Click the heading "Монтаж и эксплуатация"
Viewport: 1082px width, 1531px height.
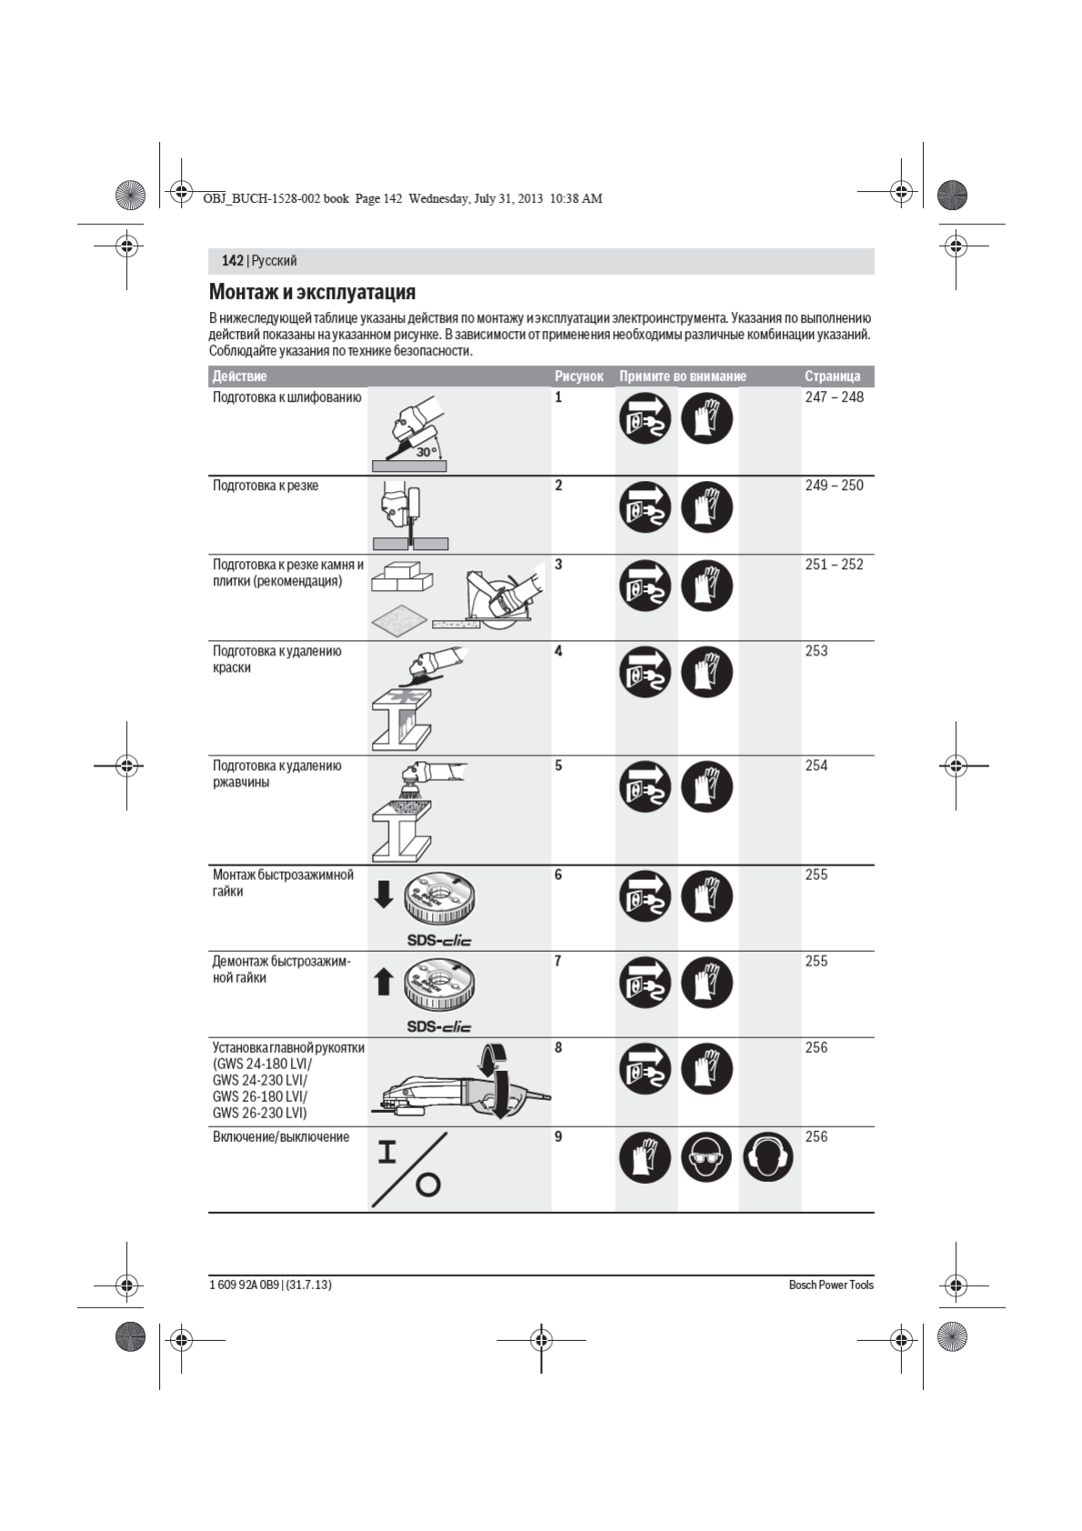click(312, 292)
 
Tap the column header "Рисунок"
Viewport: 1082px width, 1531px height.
click(579, 376)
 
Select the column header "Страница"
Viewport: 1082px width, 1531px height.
click(832, 376)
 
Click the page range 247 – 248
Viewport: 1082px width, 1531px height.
click(834, 397)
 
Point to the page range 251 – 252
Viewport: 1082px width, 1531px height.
click(834, 565)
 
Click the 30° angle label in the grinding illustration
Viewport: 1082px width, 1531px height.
click(426, 452)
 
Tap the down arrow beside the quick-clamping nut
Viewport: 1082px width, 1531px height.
click(384, 896)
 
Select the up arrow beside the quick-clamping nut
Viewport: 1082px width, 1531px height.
click(384, 982)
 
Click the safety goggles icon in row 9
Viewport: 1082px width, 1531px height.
click(706, 1157)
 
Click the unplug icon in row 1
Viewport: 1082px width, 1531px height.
click(646, 418)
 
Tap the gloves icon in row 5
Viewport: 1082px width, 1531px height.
click(706, 786)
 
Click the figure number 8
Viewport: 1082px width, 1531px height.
click(558, 1047)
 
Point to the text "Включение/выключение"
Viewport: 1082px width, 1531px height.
click(281, 1136)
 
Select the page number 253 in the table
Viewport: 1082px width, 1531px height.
click(817, 651)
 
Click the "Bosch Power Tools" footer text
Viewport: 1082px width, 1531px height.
click(831, 1285)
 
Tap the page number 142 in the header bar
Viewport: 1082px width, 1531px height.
click(232, 261)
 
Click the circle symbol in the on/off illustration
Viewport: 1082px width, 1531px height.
click(427, 1185)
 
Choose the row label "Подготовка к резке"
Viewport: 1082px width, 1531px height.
click(265, 485)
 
